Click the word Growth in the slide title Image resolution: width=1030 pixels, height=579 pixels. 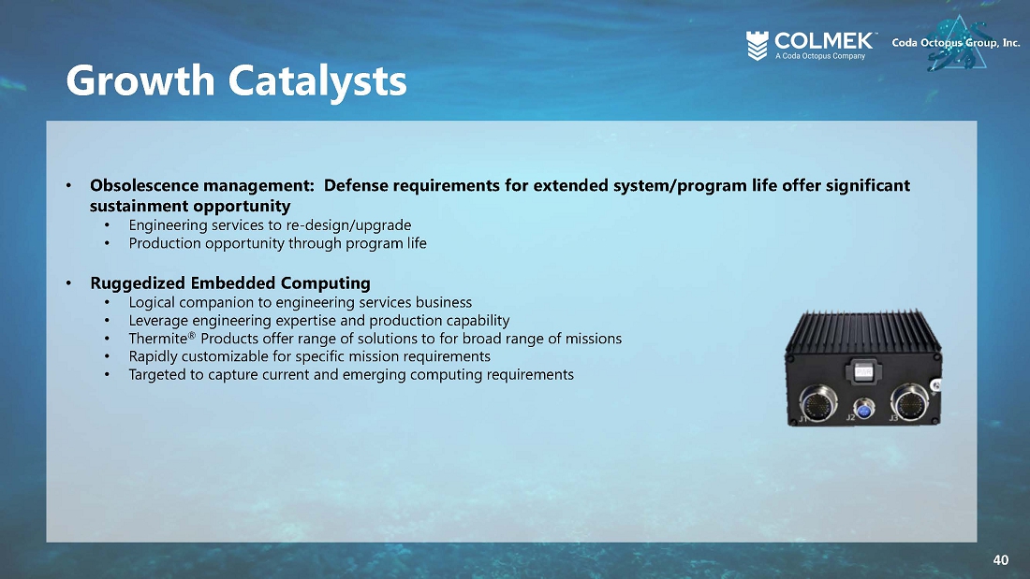[140, 80]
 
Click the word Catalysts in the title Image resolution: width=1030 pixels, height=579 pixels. [317, 80]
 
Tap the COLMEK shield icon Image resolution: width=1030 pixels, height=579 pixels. [758, 46]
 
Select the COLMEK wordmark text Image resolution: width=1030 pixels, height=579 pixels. [824, 41]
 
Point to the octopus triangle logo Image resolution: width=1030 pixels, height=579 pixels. [958, 43]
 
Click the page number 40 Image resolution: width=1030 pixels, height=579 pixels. [1000, 560]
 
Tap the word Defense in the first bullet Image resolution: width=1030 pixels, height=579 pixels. [356, 186]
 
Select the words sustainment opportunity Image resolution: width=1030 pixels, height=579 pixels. [190, 206]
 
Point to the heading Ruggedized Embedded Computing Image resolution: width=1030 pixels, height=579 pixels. [230, 282]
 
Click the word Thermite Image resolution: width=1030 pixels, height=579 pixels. [157, 339]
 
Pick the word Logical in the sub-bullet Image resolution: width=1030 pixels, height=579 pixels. [152, 303]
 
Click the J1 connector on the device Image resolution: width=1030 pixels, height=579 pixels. [818, 402]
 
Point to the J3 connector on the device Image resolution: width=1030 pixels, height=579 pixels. [910, 401]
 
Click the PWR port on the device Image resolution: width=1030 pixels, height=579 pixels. [863, 371]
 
